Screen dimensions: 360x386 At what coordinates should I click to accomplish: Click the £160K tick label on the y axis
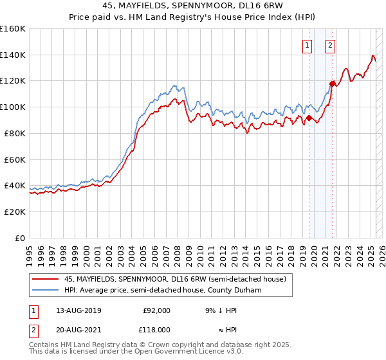pos(12,29)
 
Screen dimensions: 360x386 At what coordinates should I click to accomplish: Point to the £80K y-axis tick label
pos(14,133)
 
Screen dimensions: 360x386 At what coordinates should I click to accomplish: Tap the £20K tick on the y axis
pos(14,212)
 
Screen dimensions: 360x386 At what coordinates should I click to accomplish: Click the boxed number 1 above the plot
pos(308,45)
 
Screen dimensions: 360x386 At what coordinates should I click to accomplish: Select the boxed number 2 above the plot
pos(330,45)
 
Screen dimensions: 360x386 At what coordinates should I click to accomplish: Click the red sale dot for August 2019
pos(309,118)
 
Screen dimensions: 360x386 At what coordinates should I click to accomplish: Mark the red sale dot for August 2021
pos(333,84)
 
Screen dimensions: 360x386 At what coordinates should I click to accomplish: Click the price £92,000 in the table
pos(156,310)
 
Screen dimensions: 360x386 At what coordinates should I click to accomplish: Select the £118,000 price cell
pos(156,329)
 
